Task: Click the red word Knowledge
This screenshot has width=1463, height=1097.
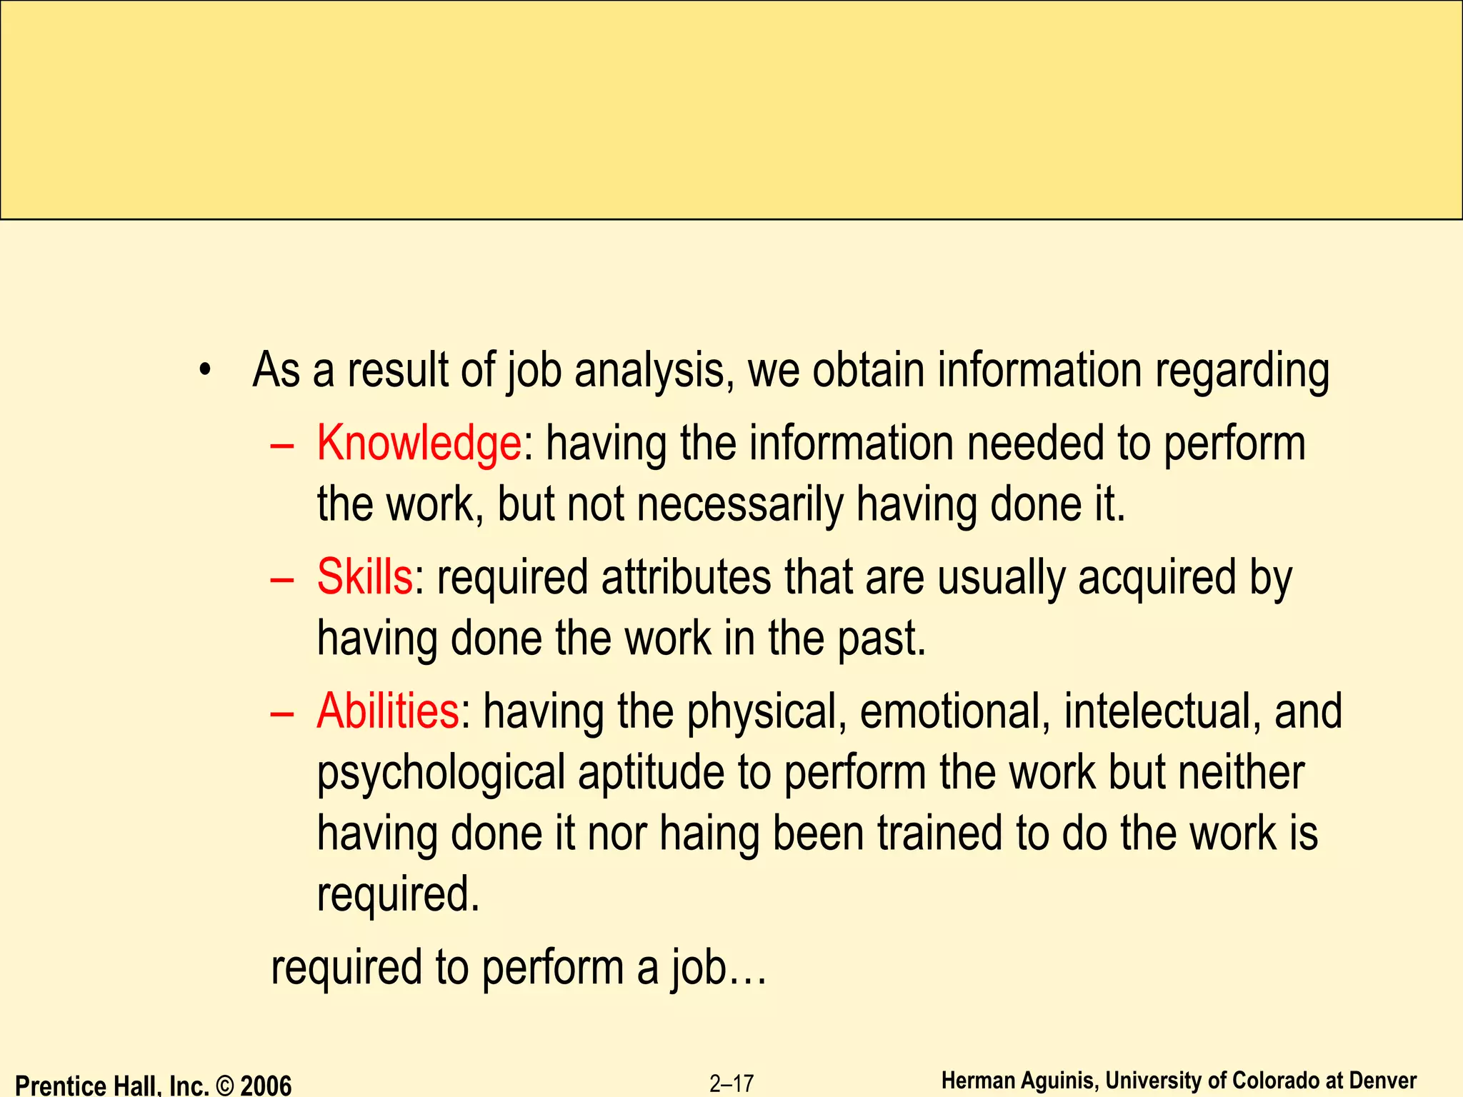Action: click(419, 444)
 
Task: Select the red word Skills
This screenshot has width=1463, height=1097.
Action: click(365, 577)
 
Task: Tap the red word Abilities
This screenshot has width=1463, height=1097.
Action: click(388, 711)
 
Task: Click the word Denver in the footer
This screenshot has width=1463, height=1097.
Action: click(1383, 1081)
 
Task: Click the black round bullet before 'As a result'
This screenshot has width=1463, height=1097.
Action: click(206, 371)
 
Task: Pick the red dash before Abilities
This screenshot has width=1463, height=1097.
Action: click(283, 713)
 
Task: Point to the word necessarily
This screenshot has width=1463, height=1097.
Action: click(740, 504)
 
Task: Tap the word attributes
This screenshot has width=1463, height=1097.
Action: click(686, 577)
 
